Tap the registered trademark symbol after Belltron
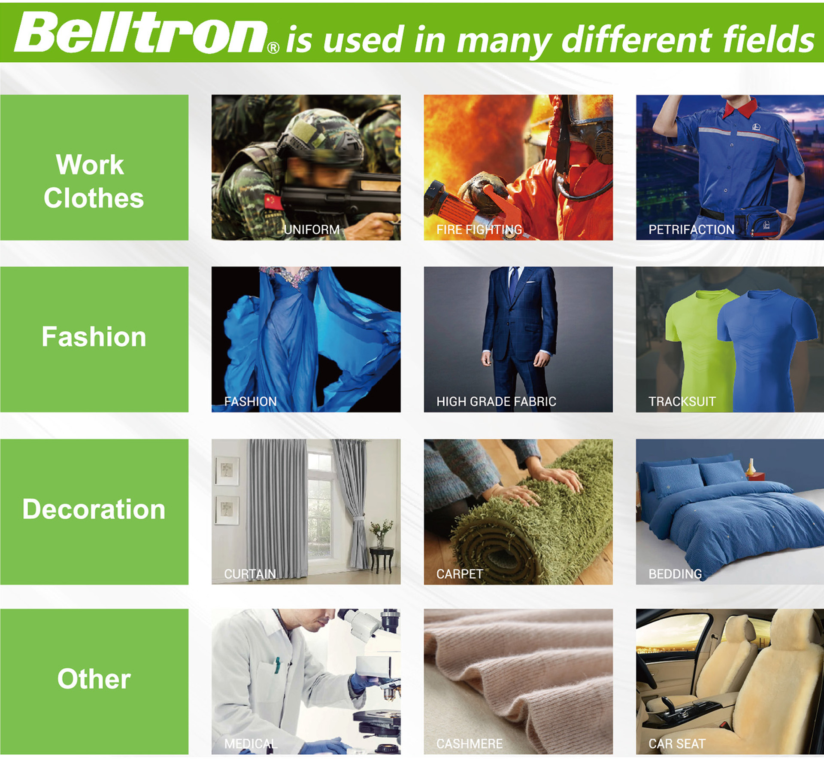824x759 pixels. [273, 47]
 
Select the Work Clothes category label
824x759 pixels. [94, 181]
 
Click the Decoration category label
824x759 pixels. [94, 509]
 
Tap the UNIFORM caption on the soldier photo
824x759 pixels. [312, 230]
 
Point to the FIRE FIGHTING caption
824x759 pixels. [479, 230]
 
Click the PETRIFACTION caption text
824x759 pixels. [691, 230]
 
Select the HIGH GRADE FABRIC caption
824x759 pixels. [496, 402]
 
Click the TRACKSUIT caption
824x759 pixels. [682, 402]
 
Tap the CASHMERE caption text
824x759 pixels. [470, 744]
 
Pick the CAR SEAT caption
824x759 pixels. [677, 744]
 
